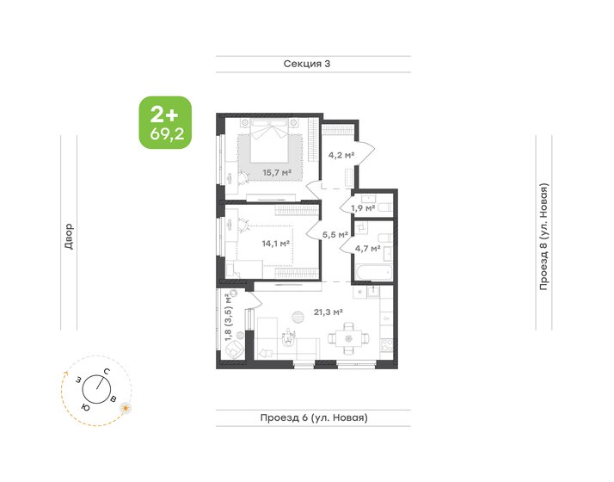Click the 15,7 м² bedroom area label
275,173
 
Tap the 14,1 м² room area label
275,244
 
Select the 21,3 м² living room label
328,312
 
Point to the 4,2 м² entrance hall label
341,156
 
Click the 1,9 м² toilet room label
362,207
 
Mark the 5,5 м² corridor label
335,233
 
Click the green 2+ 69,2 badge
164,122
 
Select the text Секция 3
306,65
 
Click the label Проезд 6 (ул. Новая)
313,417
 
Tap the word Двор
69,237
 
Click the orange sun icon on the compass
126,407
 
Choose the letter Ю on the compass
84,405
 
